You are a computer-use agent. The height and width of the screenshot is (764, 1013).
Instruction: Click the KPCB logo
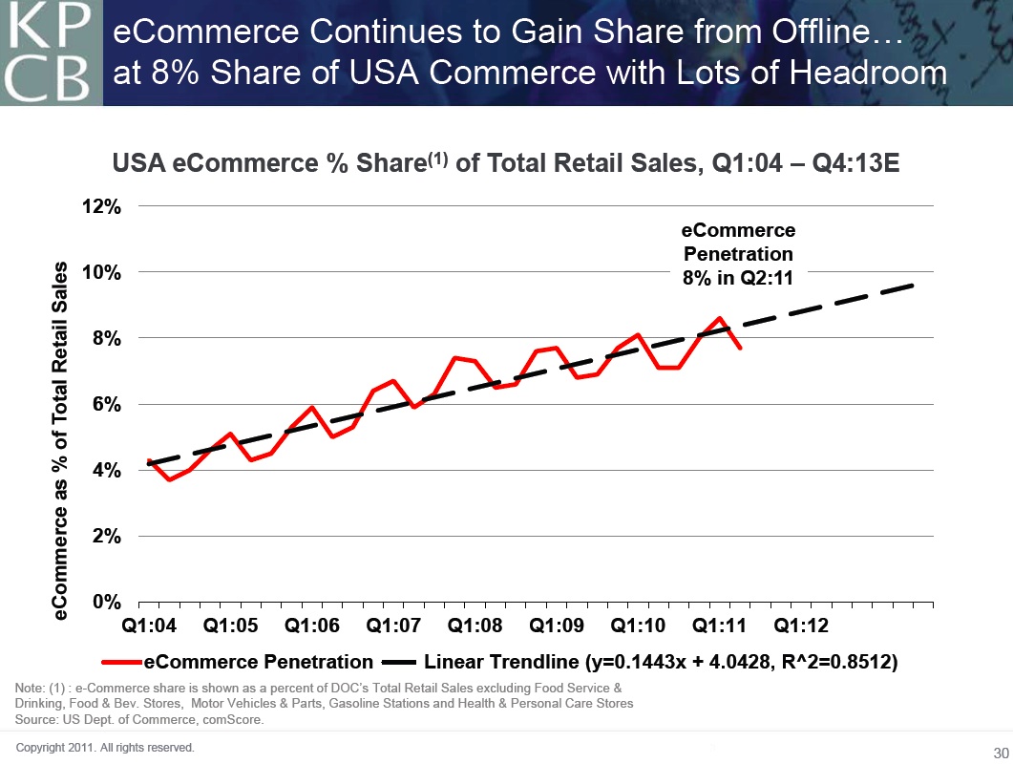[51, 53]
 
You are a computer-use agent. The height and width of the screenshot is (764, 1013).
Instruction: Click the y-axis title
[60, 441]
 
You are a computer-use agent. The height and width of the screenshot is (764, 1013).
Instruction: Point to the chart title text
[506, 164]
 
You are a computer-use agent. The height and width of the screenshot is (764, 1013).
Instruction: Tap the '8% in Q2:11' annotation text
[737, 278]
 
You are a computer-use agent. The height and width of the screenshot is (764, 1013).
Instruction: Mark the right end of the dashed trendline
[915, 285]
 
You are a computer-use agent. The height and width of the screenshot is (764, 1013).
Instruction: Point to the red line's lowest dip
[169, 478]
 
